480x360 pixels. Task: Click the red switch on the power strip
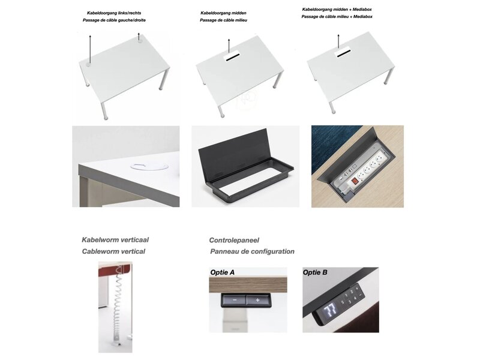click(355, 182)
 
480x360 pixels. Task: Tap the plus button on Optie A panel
click(257, 300)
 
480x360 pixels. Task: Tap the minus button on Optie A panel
click(234, 300)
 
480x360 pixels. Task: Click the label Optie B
click(315, 272)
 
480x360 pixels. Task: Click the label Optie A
click(222, 272)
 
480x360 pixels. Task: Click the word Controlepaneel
click(234, 241)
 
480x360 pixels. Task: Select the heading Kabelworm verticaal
click(115, 239)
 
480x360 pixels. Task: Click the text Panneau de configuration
click(252, 251)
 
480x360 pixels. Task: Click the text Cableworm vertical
click(113, 251)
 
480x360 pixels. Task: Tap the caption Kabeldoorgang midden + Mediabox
click(337, 10)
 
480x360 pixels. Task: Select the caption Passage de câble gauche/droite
click(114, 20)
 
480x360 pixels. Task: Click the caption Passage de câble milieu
click(223, 20)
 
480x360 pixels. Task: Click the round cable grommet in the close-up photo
click(149, 167)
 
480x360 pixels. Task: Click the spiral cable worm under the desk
click(117, 306)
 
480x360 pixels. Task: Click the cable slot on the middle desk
click(233, 57)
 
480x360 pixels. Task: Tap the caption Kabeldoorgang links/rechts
click(114, 13)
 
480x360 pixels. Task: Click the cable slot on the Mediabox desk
click(342, 54)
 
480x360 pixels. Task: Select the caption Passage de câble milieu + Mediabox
click(337, 17)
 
